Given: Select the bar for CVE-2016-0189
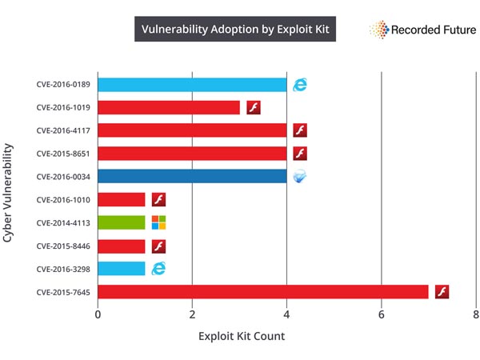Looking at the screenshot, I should pyautogui.click(x=192, y=85).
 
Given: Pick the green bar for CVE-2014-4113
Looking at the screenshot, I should pyautogui.click(x=121, y=222).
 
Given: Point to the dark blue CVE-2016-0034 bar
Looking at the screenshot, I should pyautogui.click(x=192, y=177).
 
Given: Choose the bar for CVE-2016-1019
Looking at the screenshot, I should pyautogui.click(x=168, y=108).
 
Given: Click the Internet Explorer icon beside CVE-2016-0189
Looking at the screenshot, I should pyautogui.click(x=300, y=85).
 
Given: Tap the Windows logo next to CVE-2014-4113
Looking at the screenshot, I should pyautogui.click(x=158, y=222).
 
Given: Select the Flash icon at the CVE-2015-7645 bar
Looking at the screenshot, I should pyautogui.click(x=442, y=291).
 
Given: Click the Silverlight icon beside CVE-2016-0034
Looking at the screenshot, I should pyautogui.click(x=300, y=177).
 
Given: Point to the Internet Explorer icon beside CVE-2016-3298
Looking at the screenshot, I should pyautogui.click(x=158, y=268).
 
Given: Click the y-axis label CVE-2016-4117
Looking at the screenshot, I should pyautogui.click(x=63, y=130).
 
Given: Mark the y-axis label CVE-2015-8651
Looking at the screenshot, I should pyautogui.click(x=63, y=154).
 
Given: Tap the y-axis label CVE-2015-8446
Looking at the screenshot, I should pyautogui.click(x=63, y=246).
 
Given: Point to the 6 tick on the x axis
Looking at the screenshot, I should pyautogui.click(x=382, y=314).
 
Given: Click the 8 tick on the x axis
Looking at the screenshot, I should pyautogui.click(x=475, y=314).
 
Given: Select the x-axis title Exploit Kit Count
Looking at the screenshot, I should pyautogui.click(x=242, y=336).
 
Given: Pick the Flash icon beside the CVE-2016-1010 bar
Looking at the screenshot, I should pyautogui.click(x=158, y=199).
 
